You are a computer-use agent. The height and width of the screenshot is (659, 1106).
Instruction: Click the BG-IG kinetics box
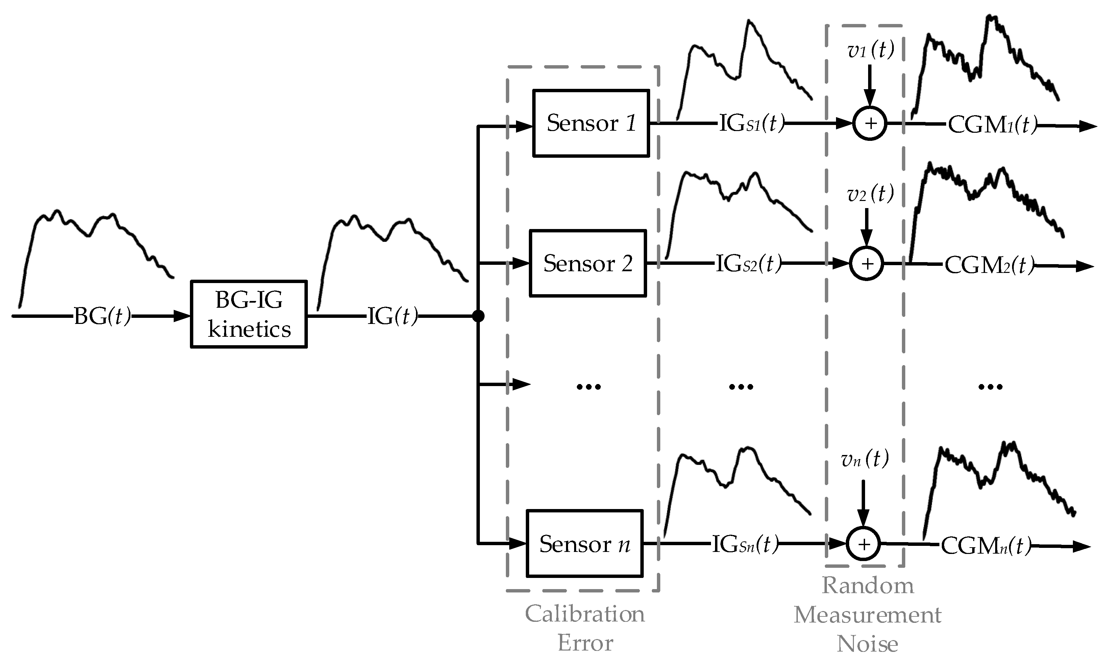(x=249, y=314)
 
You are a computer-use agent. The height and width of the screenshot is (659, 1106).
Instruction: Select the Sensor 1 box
(x=591, y=123)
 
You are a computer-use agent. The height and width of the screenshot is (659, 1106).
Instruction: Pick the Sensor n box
(x=585, y=543)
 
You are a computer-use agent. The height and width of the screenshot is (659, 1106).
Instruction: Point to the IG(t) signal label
(x=393, y=316)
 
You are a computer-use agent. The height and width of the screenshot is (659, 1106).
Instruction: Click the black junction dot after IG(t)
(x=478, y=316)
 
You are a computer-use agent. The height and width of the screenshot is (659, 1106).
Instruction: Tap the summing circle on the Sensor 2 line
(x=867, y=264)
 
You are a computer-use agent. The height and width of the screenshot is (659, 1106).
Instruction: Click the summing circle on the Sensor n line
(x=863, y=544)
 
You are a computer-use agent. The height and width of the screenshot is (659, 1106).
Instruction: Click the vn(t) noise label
(x=864, y=459)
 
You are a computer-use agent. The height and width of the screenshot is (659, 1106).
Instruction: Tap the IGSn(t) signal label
(x=745, y=544)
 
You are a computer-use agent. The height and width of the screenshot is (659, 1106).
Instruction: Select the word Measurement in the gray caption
(x=867, y=615)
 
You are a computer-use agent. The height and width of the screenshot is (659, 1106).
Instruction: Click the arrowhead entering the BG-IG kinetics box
(x=182, y=316)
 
